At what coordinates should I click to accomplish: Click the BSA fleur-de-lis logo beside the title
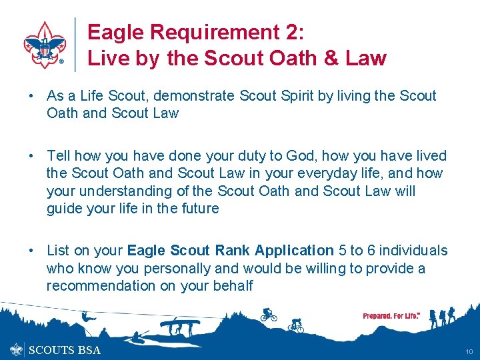tap(44, 44)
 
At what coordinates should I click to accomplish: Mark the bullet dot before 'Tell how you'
tap(31, 156)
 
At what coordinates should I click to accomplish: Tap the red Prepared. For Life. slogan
tap(391, 315)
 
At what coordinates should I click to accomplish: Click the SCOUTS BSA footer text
tap(64, 350)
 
